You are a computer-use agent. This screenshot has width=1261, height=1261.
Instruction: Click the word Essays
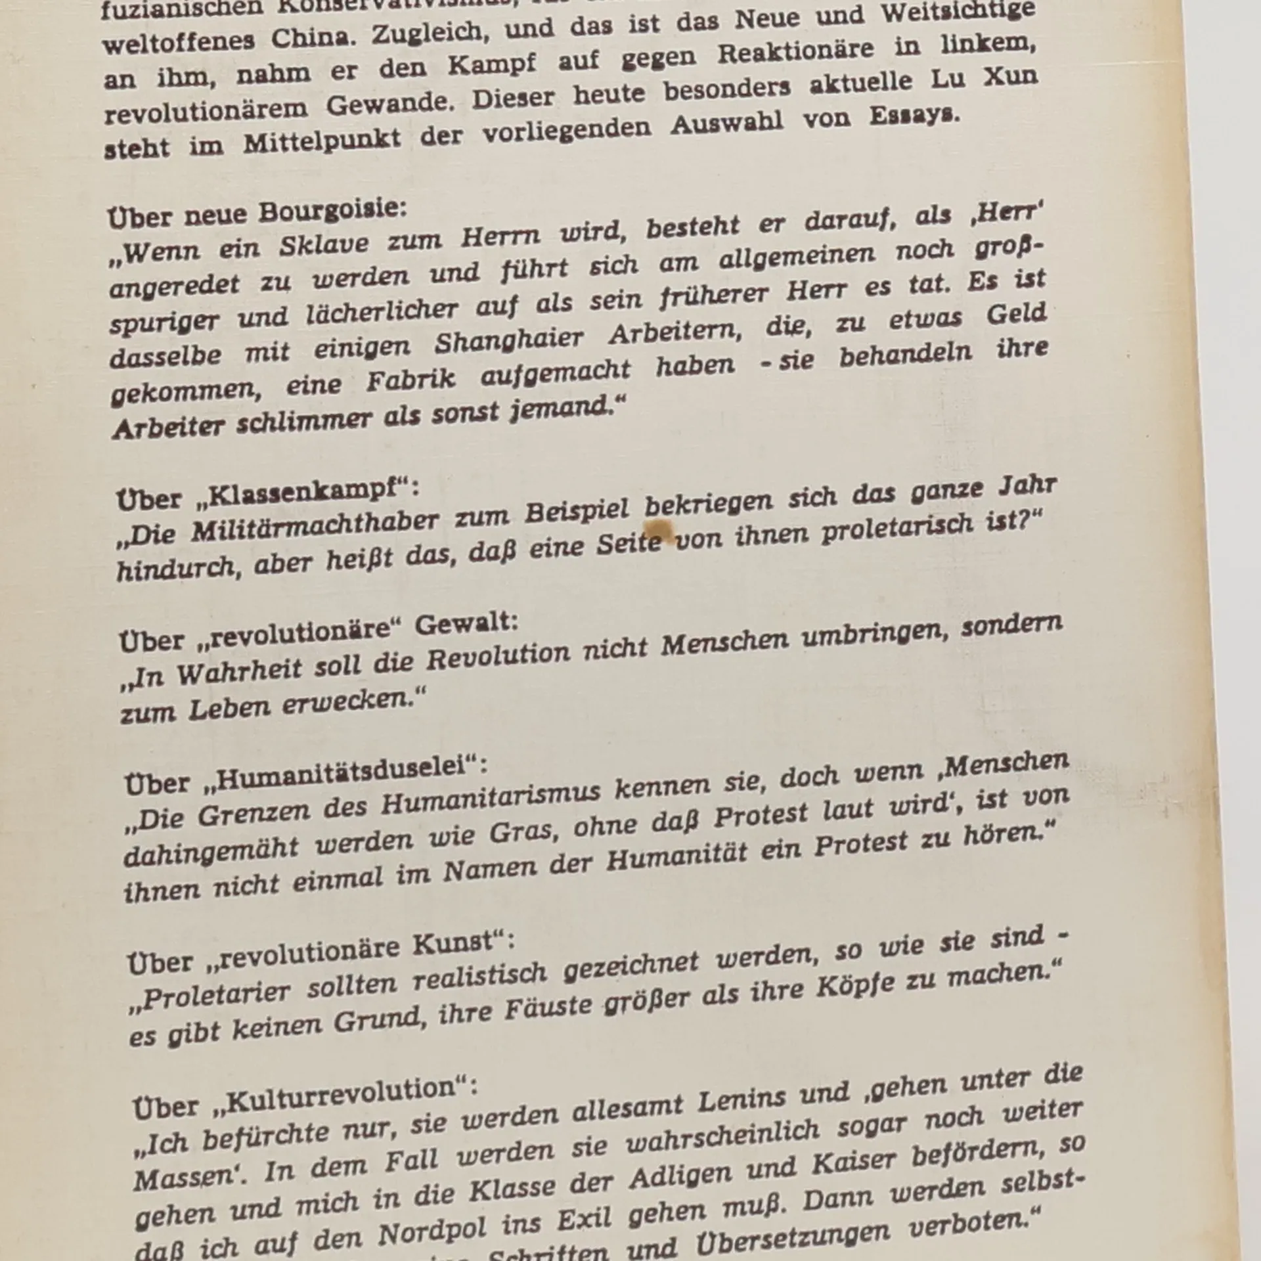pos(915,116)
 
